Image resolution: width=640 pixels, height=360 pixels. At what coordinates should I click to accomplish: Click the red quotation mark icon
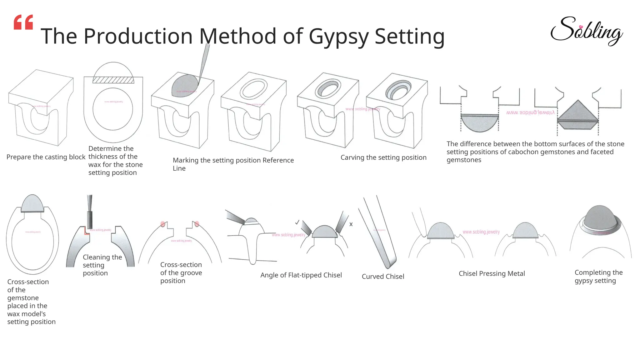tap(23, 22)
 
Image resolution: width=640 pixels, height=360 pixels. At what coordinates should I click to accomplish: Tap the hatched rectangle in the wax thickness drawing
tap(113, 80)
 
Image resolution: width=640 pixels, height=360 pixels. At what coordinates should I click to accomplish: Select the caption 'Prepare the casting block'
tap(46, 157)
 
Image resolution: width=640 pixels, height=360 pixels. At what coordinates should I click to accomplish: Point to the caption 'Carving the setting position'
tap(383, 157)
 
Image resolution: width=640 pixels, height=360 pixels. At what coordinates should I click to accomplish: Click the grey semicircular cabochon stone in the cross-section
tap(479, 122)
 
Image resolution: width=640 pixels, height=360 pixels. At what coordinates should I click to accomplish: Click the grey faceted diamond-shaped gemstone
tap(578, 115)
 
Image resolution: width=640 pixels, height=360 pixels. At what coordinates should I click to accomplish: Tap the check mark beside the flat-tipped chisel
tap(297, 222)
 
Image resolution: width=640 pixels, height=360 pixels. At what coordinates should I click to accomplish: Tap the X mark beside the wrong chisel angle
tap(351, 224)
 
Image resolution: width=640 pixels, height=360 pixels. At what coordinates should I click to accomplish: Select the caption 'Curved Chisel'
tap(383, 277)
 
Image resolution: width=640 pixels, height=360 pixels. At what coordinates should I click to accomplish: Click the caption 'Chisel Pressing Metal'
tap(492, 273)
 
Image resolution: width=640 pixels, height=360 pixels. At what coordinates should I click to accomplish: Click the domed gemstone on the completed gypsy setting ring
tap(599, 218)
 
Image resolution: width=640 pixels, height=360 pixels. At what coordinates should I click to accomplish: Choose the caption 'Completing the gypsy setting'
tap(598, 276)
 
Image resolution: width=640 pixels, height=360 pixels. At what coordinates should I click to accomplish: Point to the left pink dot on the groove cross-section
tap(163, 224)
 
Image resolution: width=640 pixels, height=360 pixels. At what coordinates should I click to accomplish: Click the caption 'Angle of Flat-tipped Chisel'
tap(301, 275)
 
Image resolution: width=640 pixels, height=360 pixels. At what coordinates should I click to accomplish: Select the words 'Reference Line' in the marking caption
tap(278, 160)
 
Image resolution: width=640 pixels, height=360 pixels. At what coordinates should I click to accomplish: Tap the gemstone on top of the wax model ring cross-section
tap(32, 204)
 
